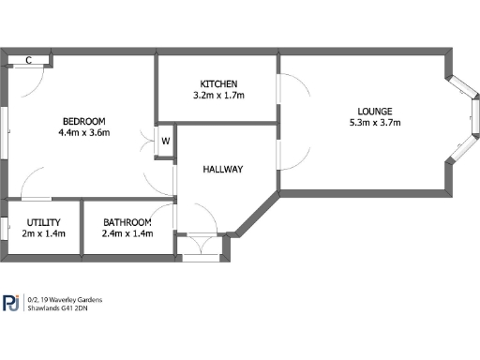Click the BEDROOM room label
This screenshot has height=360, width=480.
(84, 121)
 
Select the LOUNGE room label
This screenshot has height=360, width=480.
(362, 109)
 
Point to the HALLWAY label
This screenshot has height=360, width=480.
(223, 170)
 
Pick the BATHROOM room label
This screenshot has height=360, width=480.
(127, 222)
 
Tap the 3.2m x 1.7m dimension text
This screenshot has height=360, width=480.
(218, 95)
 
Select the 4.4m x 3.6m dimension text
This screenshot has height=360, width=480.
(84, 133)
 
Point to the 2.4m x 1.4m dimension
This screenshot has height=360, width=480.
(127, 234)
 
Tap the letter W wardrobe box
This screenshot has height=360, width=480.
(165, 141)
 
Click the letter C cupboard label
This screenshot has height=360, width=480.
(29, 61)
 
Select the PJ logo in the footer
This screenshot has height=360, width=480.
(12, 303)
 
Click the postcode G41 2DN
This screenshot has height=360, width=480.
(83, 308)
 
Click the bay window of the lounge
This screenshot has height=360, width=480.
(467, 120)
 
